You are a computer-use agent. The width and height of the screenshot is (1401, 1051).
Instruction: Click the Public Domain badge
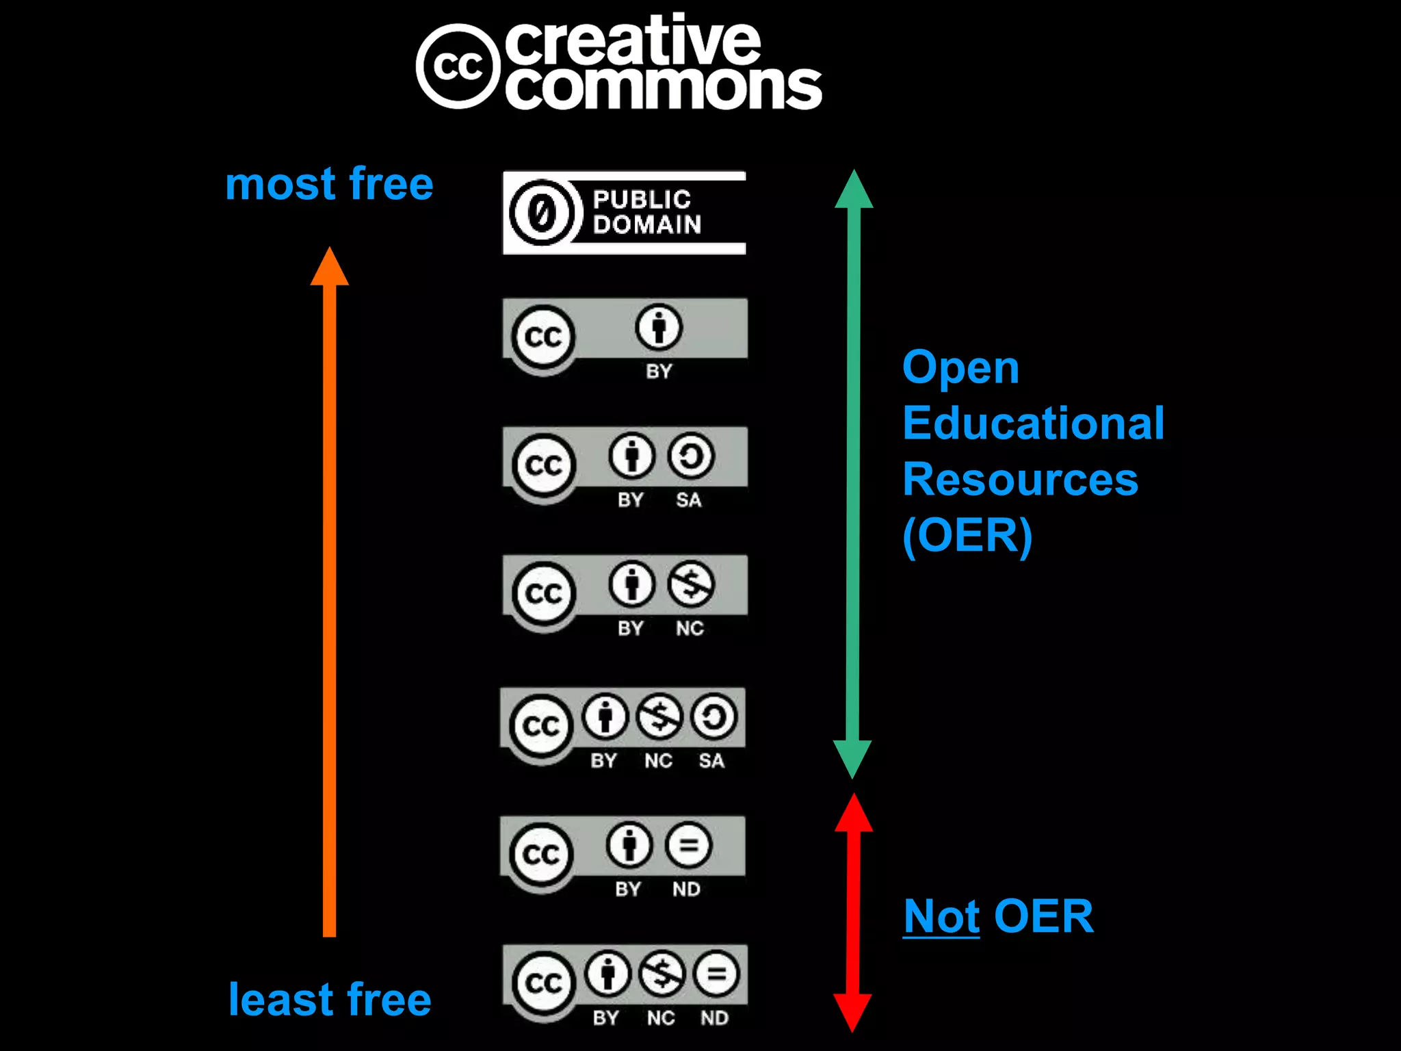coord(624,213)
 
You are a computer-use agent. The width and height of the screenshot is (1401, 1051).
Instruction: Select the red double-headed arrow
coord(853,912)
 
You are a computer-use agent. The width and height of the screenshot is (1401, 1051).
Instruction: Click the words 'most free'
coord(329,184)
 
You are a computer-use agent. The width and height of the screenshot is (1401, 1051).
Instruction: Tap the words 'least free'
coord(330,1000)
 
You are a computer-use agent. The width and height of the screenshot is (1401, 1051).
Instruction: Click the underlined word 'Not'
coord(941,916)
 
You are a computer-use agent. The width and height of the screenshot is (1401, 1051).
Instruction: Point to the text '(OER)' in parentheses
coord(967,536)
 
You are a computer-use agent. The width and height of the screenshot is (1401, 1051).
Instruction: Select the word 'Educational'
coord(1033,423)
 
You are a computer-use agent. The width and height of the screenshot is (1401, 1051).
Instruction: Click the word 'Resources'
coord(1020,479)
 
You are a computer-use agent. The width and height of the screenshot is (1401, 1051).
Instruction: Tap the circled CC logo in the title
coord(458,66)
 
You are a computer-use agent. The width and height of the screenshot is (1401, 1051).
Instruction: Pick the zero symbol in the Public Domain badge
coord(542,213)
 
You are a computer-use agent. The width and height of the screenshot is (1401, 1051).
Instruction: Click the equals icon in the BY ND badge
coord(688,846)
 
